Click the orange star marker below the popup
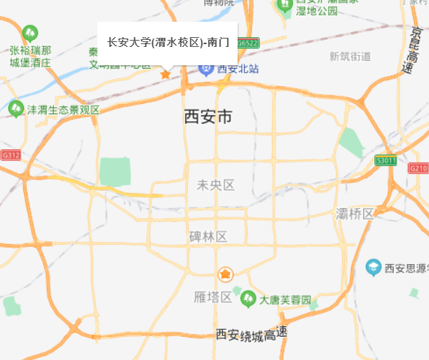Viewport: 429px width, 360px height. (165, 74)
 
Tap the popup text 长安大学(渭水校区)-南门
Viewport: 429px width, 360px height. (168, 42)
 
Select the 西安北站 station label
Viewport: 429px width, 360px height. (238, 69)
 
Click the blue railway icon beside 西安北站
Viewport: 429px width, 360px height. (207, 69)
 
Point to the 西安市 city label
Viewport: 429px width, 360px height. (207, 117)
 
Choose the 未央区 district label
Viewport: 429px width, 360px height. (215, 185)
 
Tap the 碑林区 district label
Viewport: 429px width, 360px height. (208, 237)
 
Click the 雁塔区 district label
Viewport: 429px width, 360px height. (212, 297)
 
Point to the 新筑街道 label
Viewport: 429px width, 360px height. (350, 56)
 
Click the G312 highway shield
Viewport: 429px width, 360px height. (11, 155)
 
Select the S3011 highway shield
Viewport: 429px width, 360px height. (386, 160)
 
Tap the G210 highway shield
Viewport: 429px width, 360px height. (418, 168)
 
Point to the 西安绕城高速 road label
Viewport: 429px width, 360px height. (252, 335)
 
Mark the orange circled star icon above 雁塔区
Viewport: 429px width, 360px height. (225, 274)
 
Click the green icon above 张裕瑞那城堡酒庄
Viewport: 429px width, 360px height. (29, 33)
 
